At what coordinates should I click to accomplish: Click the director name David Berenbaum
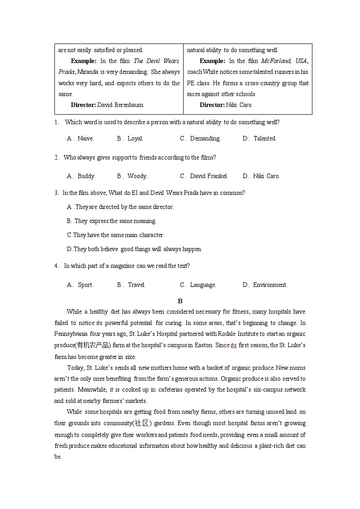(120, 105)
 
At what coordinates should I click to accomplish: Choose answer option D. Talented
(259, 139)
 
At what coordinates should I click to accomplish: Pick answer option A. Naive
(80, 139)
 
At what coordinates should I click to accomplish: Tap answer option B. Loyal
(130, 139)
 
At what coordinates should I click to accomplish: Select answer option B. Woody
(132, 176)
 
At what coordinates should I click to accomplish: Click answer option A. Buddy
(81, 176)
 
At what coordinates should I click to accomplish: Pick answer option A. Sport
(80, 285)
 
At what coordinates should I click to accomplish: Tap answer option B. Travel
(131, 285)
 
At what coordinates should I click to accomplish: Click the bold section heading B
(180, 301)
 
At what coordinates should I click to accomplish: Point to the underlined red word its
(234, 345)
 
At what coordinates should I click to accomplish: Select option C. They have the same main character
(116, 235)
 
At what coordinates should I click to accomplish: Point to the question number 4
(56, 266)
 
